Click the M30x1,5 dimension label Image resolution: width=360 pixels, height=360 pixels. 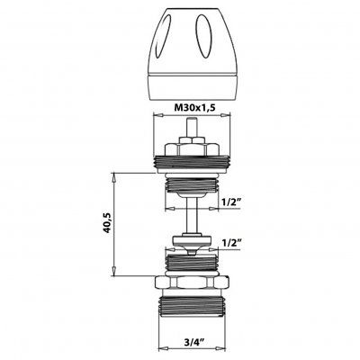tap(195, 107)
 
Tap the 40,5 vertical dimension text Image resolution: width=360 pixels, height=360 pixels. tap(107, 223)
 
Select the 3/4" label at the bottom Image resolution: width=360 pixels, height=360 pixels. tap(194, 342)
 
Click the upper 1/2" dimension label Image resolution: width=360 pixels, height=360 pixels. tap(231, 202)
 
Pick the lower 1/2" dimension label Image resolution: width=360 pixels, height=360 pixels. tap(231, 242)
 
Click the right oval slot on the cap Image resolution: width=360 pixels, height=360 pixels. tap(203, 36)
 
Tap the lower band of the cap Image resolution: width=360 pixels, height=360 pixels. tap(193, 87)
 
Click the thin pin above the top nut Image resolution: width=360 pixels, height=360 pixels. tap(190, 128)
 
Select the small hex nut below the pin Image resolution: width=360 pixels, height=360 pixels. tap(192, 140)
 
